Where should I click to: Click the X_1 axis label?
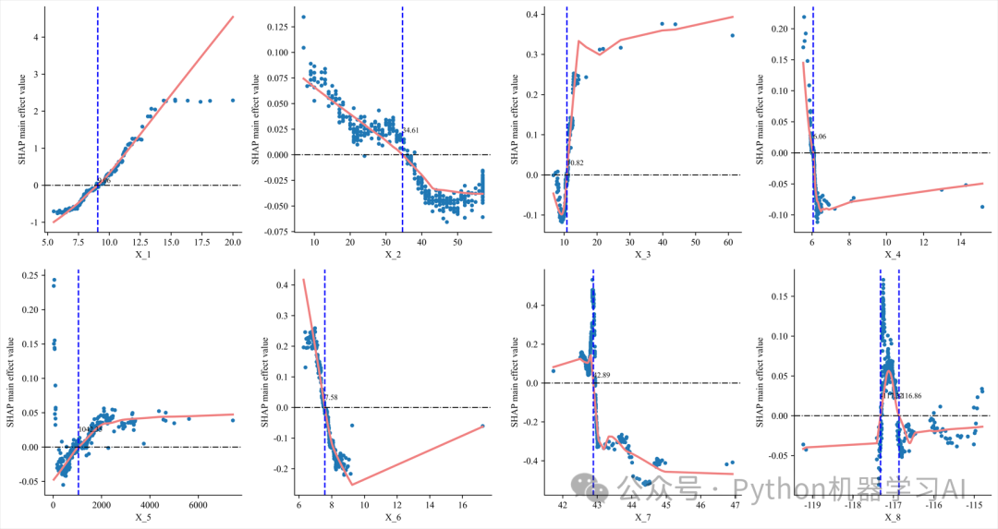point(141,254)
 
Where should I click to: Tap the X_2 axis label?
point(393,254)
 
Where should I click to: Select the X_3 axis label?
point(642,254)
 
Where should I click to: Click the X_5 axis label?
point(141,518)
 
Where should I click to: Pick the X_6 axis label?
point(393,518)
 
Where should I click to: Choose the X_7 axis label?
point(642,518)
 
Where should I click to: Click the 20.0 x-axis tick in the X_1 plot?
point(233,242)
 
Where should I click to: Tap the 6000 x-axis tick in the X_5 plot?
point(197,506)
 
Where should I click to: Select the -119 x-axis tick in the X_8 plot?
point(814,506)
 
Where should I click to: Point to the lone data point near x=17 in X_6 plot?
point(482,426)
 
